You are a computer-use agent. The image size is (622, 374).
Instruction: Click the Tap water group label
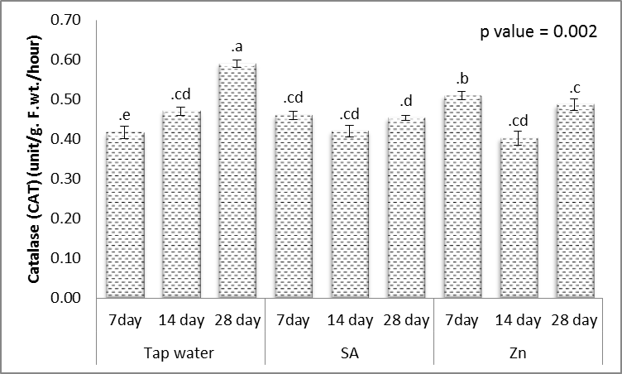click(x=180, y=352)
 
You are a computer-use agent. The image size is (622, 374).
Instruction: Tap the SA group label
click(x=349, y=352)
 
